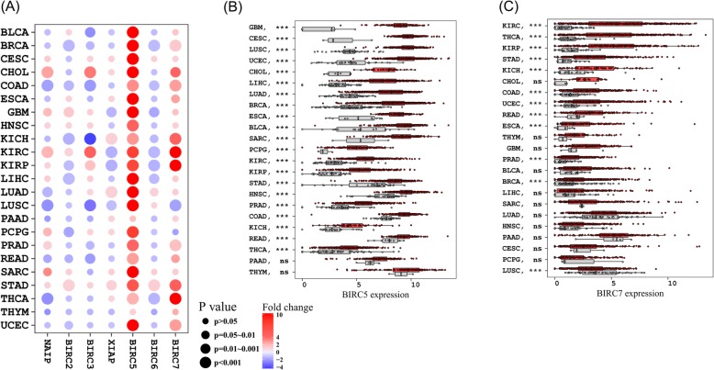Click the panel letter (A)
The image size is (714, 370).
[x=15, y=10]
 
